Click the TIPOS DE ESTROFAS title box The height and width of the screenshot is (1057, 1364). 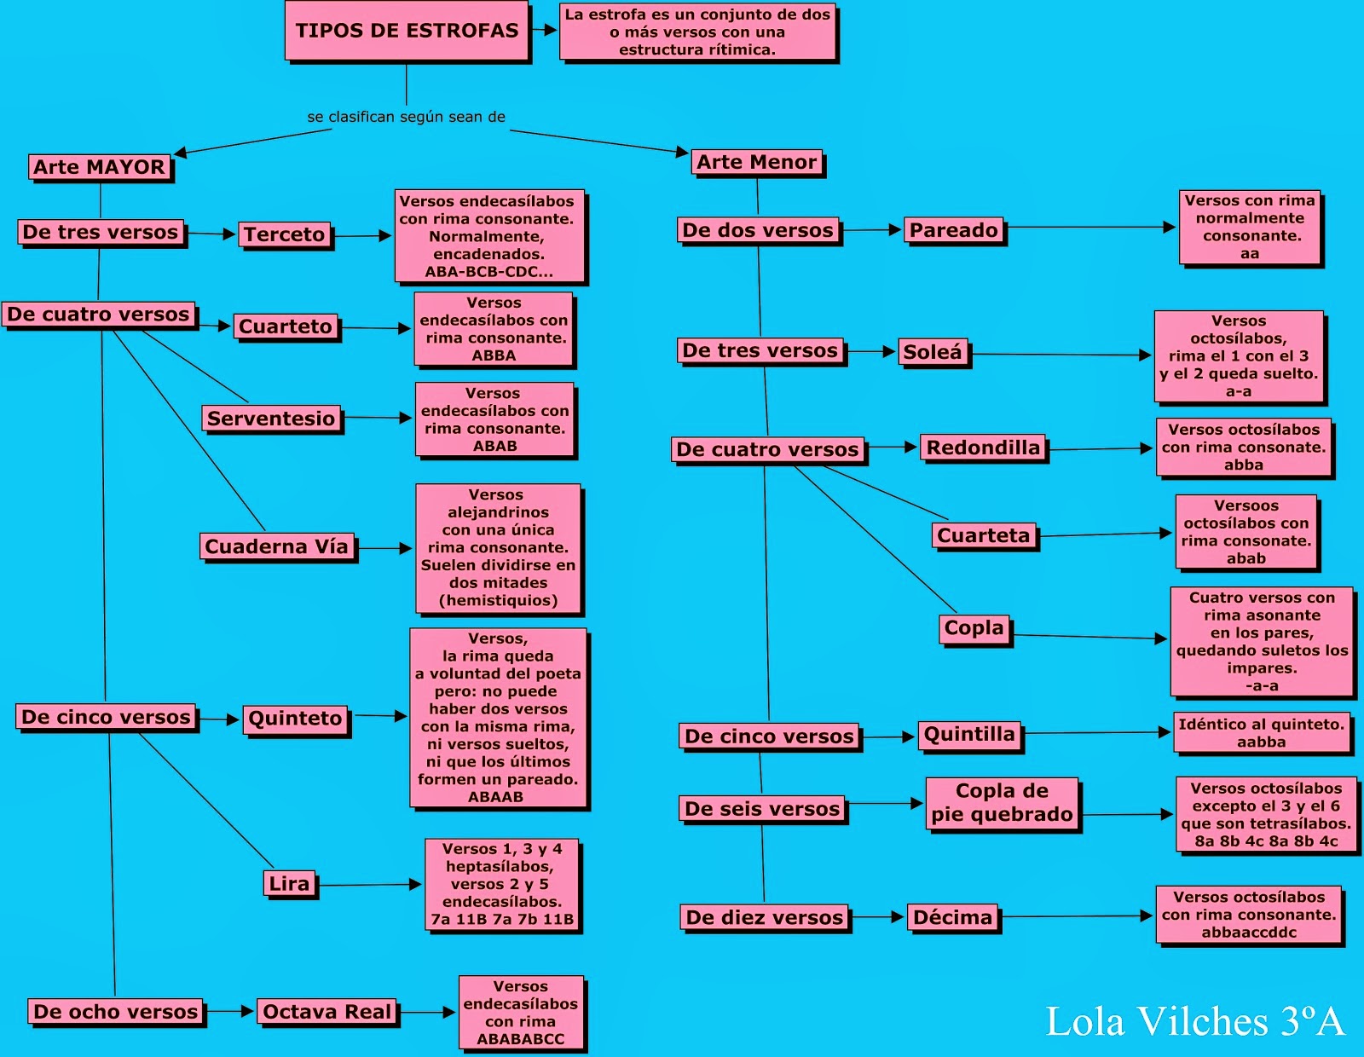[407, 30]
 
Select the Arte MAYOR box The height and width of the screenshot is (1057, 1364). [99, 167]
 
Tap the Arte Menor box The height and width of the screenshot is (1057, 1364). [756, 162]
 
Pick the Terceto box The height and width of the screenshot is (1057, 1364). [285, 234]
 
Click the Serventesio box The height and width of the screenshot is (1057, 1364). [271, 418]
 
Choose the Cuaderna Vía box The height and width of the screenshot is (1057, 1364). [277, 546]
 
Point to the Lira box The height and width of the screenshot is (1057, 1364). [289, 884]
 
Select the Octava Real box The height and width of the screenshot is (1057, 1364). [327, 1011]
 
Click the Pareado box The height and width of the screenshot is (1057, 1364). [953, 230]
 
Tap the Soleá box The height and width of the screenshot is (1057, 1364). [932, 352]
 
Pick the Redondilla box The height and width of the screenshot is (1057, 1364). [983, 448]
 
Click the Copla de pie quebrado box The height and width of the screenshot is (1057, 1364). [1003, 803]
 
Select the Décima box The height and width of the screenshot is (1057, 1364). [953, 917]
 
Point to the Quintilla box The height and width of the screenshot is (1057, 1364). [969, 735]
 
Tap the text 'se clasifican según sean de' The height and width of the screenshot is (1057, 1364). [406, 117]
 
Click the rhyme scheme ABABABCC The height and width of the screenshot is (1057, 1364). [520, 1039]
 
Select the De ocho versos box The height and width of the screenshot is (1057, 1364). [115, 1011]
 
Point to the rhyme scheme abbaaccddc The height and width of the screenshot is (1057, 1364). [1249, 932]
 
